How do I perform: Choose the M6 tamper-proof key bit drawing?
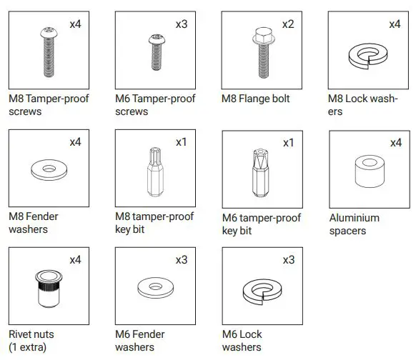(260, 171)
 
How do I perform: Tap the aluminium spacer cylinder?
(367, 170)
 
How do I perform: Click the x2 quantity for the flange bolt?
(287, 24)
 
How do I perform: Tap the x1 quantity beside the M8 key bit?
(181, 142)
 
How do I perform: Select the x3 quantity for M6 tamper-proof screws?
(181, 24)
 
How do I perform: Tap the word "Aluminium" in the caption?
(354, 217)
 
